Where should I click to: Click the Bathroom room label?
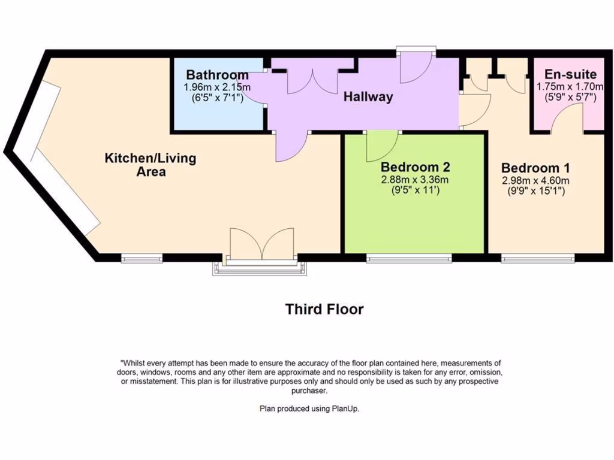pos(217,75)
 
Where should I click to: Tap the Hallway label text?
pos(368,96)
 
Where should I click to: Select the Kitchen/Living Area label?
pos(151,165)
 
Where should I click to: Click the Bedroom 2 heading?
pos(415,167)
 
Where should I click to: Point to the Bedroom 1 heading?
pos(535,168)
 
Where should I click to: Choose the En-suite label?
pos(570,75)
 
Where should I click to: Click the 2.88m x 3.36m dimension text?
pos(415,180)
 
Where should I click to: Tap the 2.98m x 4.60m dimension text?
pos(535,180)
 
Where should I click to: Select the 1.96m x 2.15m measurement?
pos(217,87)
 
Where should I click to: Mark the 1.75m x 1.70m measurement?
pos(570,86)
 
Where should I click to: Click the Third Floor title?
pos(324,309)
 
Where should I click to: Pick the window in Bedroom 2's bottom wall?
pos(409,259)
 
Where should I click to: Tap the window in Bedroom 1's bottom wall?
pos(538,259)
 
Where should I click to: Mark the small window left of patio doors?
pos(142,259)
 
